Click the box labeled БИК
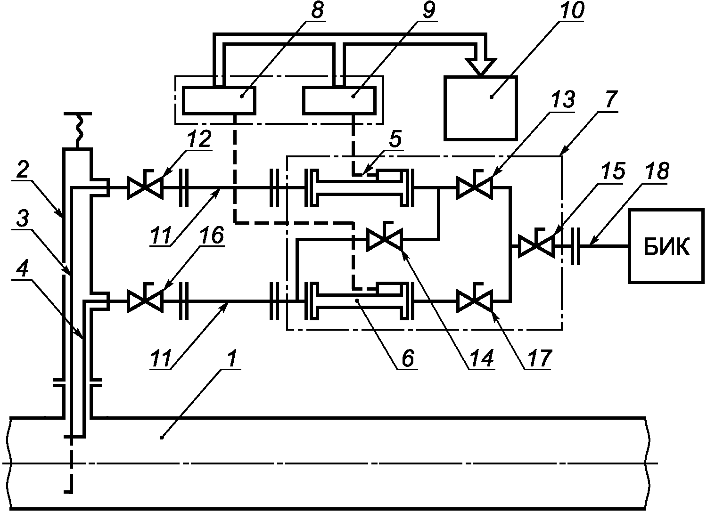(x=666, y=246)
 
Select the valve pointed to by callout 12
(x=145, y=187)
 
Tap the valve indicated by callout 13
(x=475, y=187)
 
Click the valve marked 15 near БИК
(x=537, y=245)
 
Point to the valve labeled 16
(x=145, y=301)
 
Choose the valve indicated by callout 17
(x=475, y=301)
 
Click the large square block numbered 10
(x=480, y=108)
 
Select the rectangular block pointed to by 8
(x=219, y=100)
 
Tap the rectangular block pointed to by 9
(x=339, y=100)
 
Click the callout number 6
(x=408, y=358)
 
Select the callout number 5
(x=395, y=139)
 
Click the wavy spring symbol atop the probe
(x=78, y=130)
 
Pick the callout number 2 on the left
(x=23, y=170)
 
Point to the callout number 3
(x=23, y=218)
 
